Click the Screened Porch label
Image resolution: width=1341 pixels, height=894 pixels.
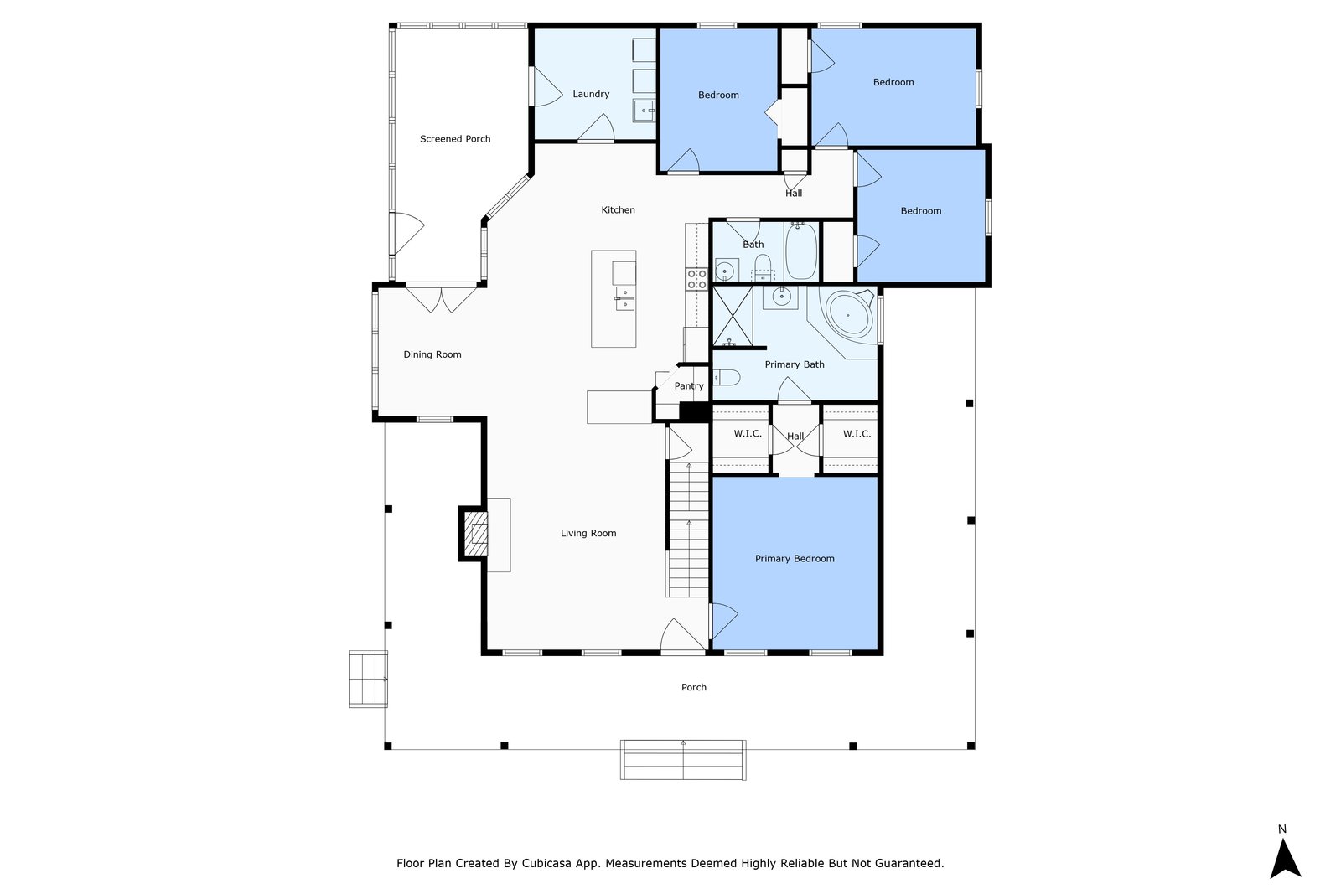click(x=455, y=139)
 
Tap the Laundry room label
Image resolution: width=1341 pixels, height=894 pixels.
click(x=591, y=94)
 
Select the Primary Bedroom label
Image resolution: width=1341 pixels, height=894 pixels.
click(x=795, y=558)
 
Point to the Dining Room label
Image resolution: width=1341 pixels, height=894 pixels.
click(x=432, y=354)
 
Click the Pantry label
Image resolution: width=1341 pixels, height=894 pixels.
click(x=689, y=386)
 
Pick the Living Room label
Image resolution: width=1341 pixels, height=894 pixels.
click(x=588, y=533)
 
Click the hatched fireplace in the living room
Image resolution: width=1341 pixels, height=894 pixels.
click(x=477, y=533)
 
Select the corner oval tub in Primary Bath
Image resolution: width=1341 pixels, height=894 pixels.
click(x=849, y=315)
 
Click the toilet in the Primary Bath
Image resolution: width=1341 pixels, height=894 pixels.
click(x=726, y=378)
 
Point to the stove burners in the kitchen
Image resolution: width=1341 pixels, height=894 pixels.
click(x=696, y=279)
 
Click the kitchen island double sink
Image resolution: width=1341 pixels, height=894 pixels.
click(x=624, y=298)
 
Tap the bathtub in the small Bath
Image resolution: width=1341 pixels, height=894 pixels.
click(x=801, y=251)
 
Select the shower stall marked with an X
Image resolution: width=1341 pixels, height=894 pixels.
click(x=733, y=316)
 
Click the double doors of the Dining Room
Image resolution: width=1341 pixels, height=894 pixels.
click(x=442, y=298)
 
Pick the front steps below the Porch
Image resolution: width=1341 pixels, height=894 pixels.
click(x=683, y=760)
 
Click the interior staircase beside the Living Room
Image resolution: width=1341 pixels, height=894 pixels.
click(x=688, y=530)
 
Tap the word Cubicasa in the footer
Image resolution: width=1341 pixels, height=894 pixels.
click(x=546, y=863)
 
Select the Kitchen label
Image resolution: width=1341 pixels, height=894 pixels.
click(x=618, y=210)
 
